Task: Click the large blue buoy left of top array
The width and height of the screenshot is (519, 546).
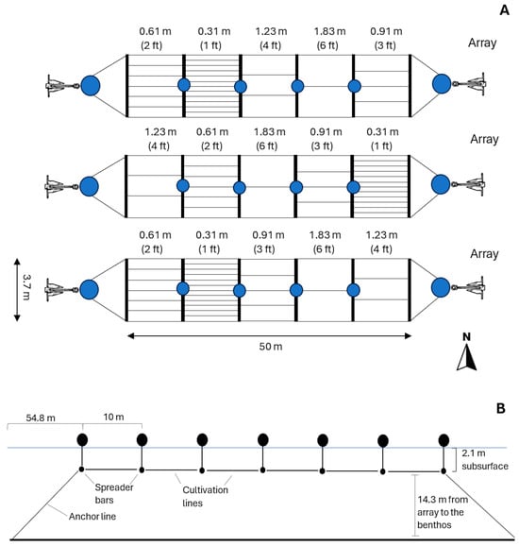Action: pyautogui.click(x=91, y=86)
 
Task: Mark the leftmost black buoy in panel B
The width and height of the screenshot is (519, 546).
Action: pyautogui.click(x=82, y=439)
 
